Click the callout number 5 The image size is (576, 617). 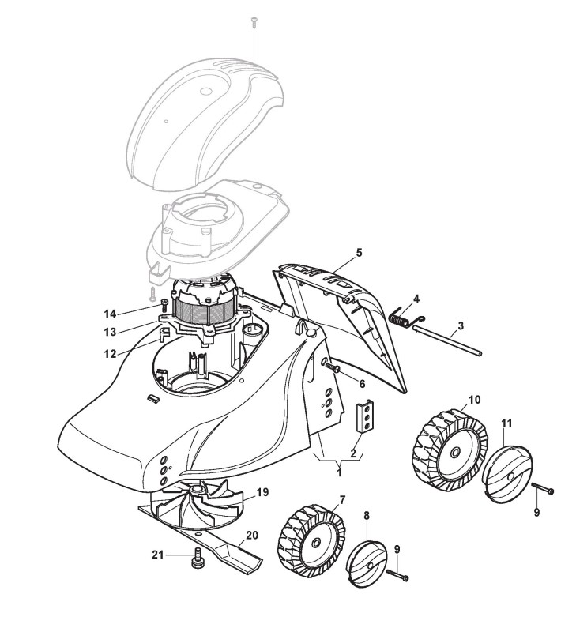tap(359, 253)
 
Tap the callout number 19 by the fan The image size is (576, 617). tap(263, 491)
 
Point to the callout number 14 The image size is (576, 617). tap(111, 313)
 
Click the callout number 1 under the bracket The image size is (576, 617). tap(340, 472)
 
